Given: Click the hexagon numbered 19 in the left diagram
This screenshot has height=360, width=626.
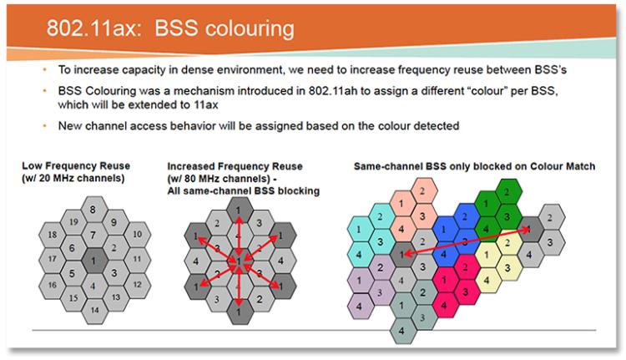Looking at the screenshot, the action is [73, 221].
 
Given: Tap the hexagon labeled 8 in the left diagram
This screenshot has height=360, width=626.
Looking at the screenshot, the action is [93, 210].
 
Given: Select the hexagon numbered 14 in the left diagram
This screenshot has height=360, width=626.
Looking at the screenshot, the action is [94, 310].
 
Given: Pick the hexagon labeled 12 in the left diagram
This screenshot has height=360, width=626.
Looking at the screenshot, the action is [138, 285].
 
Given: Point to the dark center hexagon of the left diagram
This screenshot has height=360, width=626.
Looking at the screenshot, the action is [93, 261].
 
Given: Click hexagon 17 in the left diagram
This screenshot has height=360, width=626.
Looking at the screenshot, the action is [53, 259].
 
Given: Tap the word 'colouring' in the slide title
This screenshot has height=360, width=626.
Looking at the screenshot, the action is [225, 28].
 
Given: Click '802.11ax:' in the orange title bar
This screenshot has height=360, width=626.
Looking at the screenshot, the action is [94, 28].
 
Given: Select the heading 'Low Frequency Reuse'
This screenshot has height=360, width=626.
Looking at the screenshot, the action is [76, 166].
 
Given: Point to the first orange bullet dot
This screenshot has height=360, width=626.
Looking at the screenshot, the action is [45, 70].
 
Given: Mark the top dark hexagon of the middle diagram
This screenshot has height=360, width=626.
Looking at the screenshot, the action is [239, 210].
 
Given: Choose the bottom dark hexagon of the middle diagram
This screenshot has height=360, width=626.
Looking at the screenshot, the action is [239, 312].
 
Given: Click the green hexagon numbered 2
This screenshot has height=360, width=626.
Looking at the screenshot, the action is [507, 192].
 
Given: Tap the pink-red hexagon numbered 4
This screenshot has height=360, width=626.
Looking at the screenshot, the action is [444, 306].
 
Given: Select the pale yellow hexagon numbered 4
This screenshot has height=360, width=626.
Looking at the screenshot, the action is [487, 280].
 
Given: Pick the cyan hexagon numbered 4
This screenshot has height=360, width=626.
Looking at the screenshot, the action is [359, 255].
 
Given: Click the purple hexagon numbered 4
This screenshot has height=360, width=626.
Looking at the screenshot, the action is [359, 307].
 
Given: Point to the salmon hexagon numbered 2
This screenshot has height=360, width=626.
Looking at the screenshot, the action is [422, 191].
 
